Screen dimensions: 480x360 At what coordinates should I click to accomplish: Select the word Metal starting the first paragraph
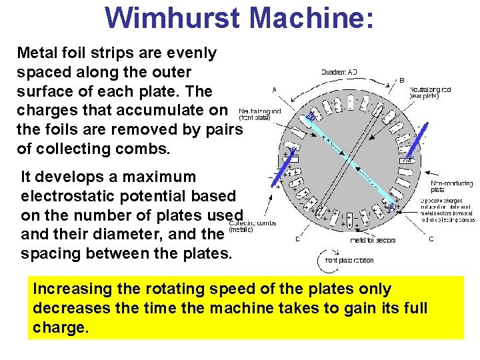click(36, 53)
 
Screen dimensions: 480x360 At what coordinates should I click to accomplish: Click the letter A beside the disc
click(274, 89)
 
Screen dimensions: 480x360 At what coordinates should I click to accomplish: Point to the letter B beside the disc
click(401, 81)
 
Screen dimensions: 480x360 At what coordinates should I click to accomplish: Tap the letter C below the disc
click(431, 239)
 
